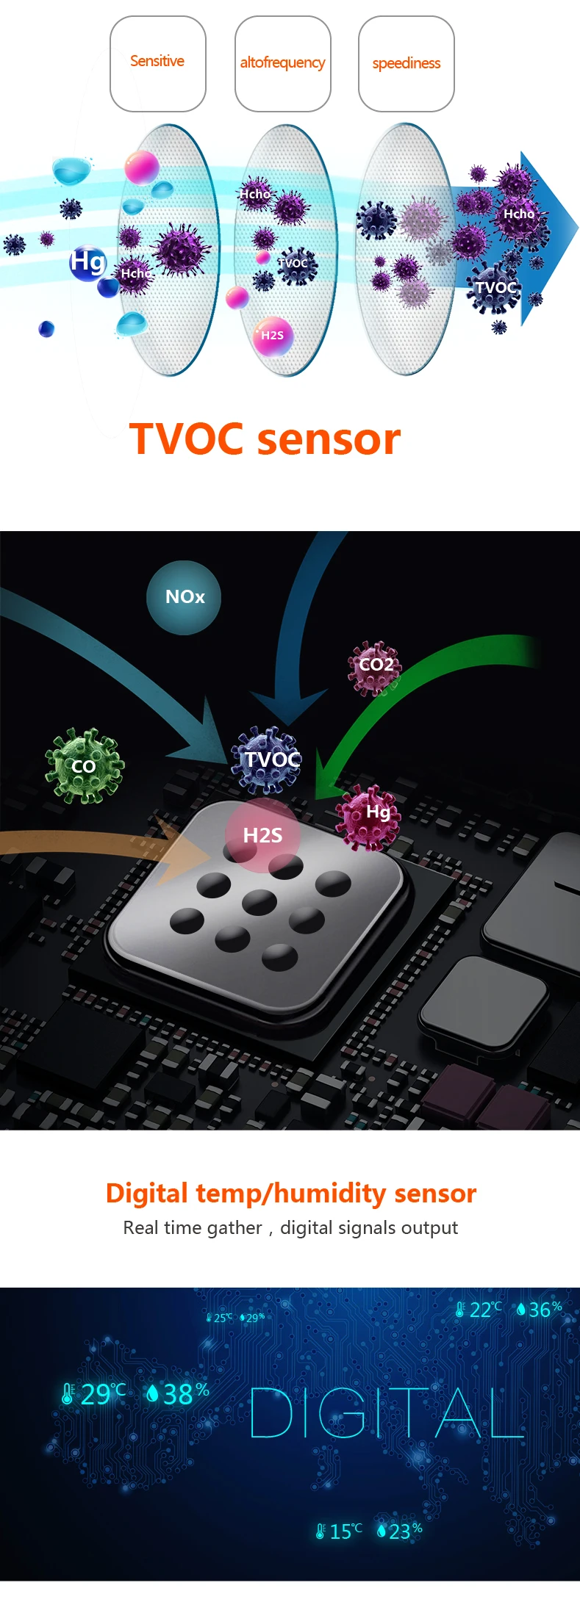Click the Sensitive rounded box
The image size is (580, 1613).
(157, 64)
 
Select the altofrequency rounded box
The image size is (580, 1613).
(282, 64)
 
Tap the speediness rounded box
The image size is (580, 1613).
(406, 64)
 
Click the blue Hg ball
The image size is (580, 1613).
(87, 262)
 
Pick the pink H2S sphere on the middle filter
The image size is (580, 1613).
(272, 336)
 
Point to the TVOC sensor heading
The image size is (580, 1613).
(265, 439)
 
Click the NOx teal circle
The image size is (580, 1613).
(184, 597)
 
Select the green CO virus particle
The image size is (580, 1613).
(84, 766)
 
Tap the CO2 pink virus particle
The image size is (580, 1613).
(376, 665)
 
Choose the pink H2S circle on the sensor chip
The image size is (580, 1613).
(262, 835)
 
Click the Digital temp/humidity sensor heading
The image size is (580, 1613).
(290, 1194)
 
